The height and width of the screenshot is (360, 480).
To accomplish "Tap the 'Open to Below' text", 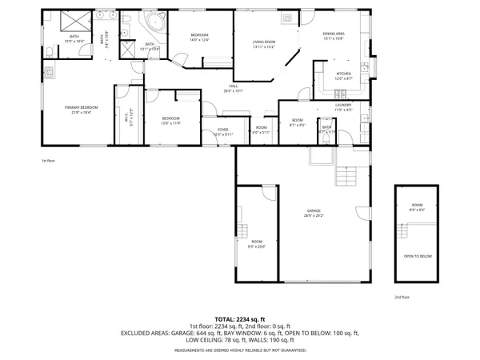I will [x=418, y=256].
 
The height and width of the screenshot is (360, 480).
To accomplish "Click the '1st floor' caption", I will [x=47, y=161].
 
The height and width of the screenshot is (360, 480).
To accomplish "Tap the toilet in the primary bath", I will [x=49, y=54].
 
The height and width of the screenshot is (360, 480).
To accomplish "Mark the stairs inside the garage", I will [x=346, y=174].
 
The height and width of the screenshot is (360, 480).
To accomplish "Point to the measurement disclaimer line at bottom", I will [x=239, y=350].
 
